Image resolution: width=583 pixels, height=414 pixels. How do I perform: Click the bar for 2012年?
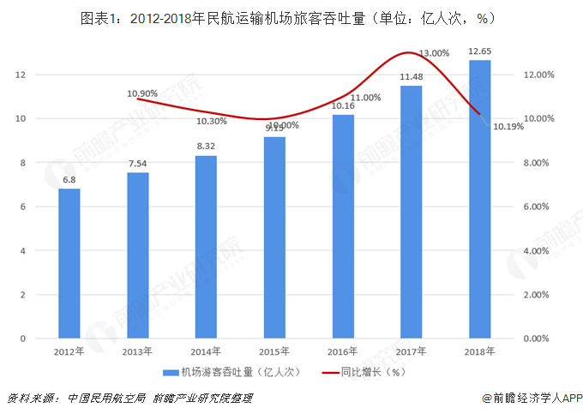(69, 263)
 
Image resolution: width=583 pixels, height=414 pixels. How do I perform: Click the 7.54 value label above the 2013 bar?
(138, 163)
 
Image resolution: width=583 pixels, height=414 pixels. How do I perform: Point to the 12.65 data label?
(479, 51)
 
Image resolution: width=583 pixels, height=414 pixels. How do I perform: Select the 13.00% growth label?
(434, 53)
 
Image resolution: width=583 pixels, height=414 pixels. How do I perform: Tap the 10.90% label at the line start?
(141, 93)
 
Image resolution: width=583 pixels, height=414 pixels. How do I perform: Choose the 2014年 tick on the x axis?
(206, 351)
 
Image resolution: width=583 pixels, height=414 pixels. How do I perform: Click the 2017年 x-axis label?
(411, 351)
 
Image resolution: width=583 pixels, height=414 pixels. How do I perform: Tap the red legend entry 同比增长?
(360, 372)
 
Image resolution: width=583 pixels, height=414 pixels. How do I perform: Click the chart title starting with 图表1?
(291, 17)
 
